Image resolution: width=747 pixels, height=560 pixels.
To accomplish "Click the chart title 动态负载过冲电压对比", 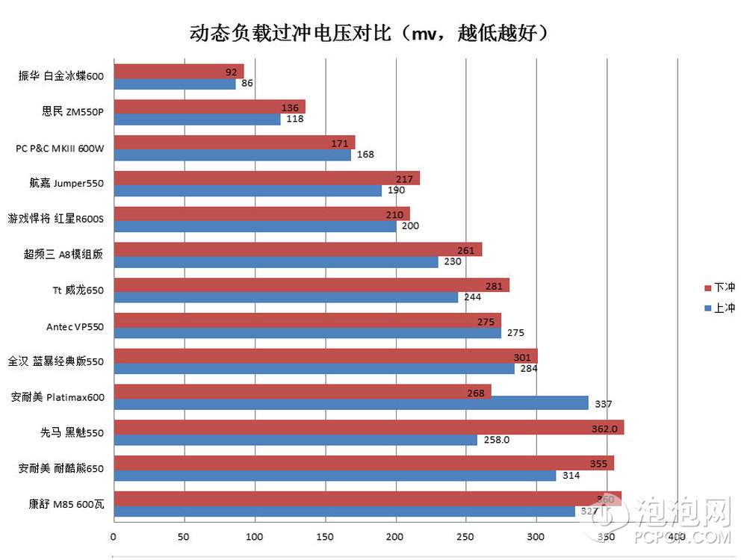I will [x=370, y=34].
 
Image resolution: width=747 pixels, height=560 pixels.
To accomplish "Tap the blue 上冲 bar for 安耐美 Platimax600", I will [x=351, y=403].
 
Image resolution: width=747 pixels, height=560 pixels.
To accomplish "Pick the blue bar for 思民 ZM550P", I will [x=197, y=119].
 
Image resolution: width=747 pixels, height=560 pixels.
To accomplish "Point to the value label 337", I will [x=603, y=404].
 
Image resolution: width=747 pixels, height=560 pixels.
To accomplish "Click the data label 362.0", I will [x=604, y=429].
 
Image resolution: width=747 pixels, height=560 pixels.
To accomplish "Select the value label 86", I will [x=247, y=84].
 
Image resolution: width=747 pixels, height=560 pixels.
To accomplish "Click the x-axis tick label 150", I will [x=325, y=536].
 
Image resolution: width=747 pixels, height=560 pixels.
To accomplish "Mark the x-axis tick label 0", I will [x=113, y=536].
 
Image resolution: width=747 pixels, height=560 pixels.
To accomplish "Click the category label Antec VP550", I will [x=75, y=326].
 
